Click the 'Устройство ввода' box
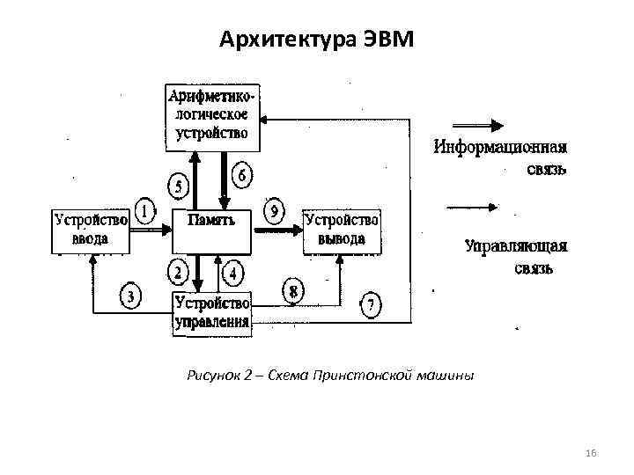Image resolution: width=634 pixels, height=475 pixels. pos(91,228)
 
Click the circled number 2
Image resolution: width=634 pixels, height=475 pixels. pos(179,273)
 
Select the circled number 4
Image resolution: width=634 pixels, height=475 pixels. pos(232,274)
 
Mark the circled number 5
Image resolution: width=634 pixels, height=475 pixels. pos(179,186)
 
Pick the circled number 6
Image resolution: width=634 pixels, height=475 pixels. pos(241,176)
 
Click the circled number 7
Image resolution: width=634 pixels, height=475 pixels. pos(372,306)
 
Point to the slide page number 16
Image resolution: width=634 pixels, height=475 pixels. pos(591,452)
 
